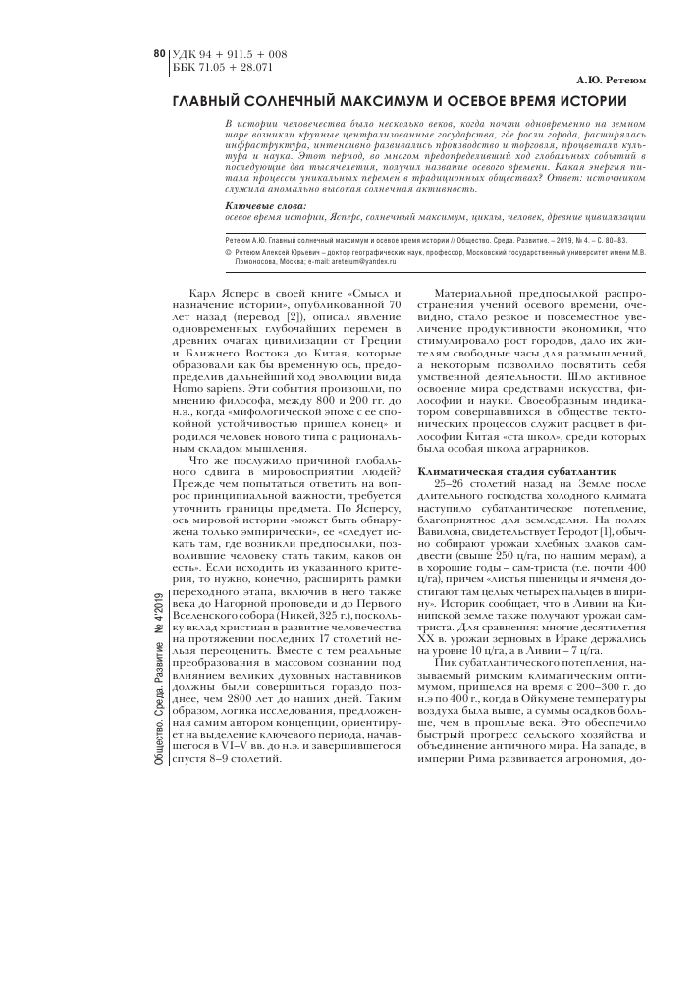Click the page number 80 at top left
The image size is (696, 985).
[x=161, y=53]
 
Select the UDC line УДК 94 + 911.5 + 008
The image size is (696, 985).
[x=229, y=53]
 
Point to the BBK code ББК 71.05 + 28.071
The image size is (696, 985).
[x=222, y=67]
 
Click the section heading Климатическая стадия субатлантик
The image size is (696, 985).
[x=504, y=473]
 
